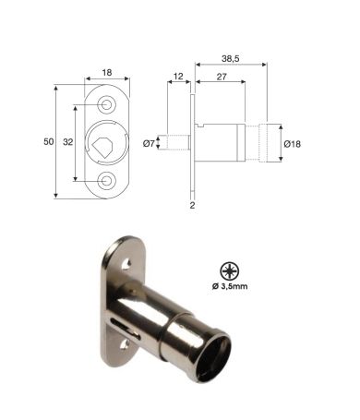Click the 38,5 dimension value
[x=231, y=58]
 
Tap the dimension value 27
[x=222, y=77]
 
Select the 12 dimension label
[x=178, y=77]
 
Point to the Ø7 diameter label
[x=149, y=143]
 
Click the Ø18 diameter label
[x=293, y=144]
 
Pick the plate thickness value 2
[x=192, y=205]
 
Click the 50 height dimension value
[x=49, y=142]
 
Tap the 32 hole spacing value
[x=68, y=142]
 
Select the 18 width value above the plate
[x=107, y=73]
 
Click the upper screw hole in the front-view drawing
[x=107, y=105]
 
